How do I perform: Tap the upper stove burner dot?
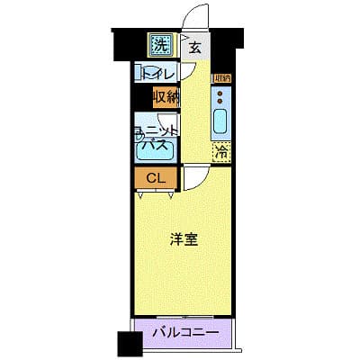coord(220,92)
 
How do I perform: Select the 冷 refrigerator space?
coord(220,153)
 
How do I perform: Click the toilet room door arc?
coord(190,74)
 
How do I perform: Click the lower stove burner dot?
coord(220,101)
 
